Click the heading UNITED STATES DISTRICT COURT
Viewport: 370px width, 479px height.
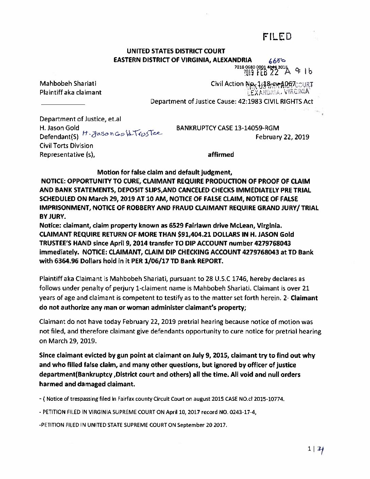pyautogui.click(x=176, y=51)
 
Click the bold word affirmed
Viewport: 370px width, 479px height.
pyautogui.click(x=221, y=155)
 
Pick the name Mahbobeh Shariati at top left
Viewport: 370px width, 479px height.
pyautogui.click(x=70, y=83)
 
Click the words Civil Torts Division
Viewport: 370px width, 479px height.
pyautogui.click(x=66, y=146)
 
